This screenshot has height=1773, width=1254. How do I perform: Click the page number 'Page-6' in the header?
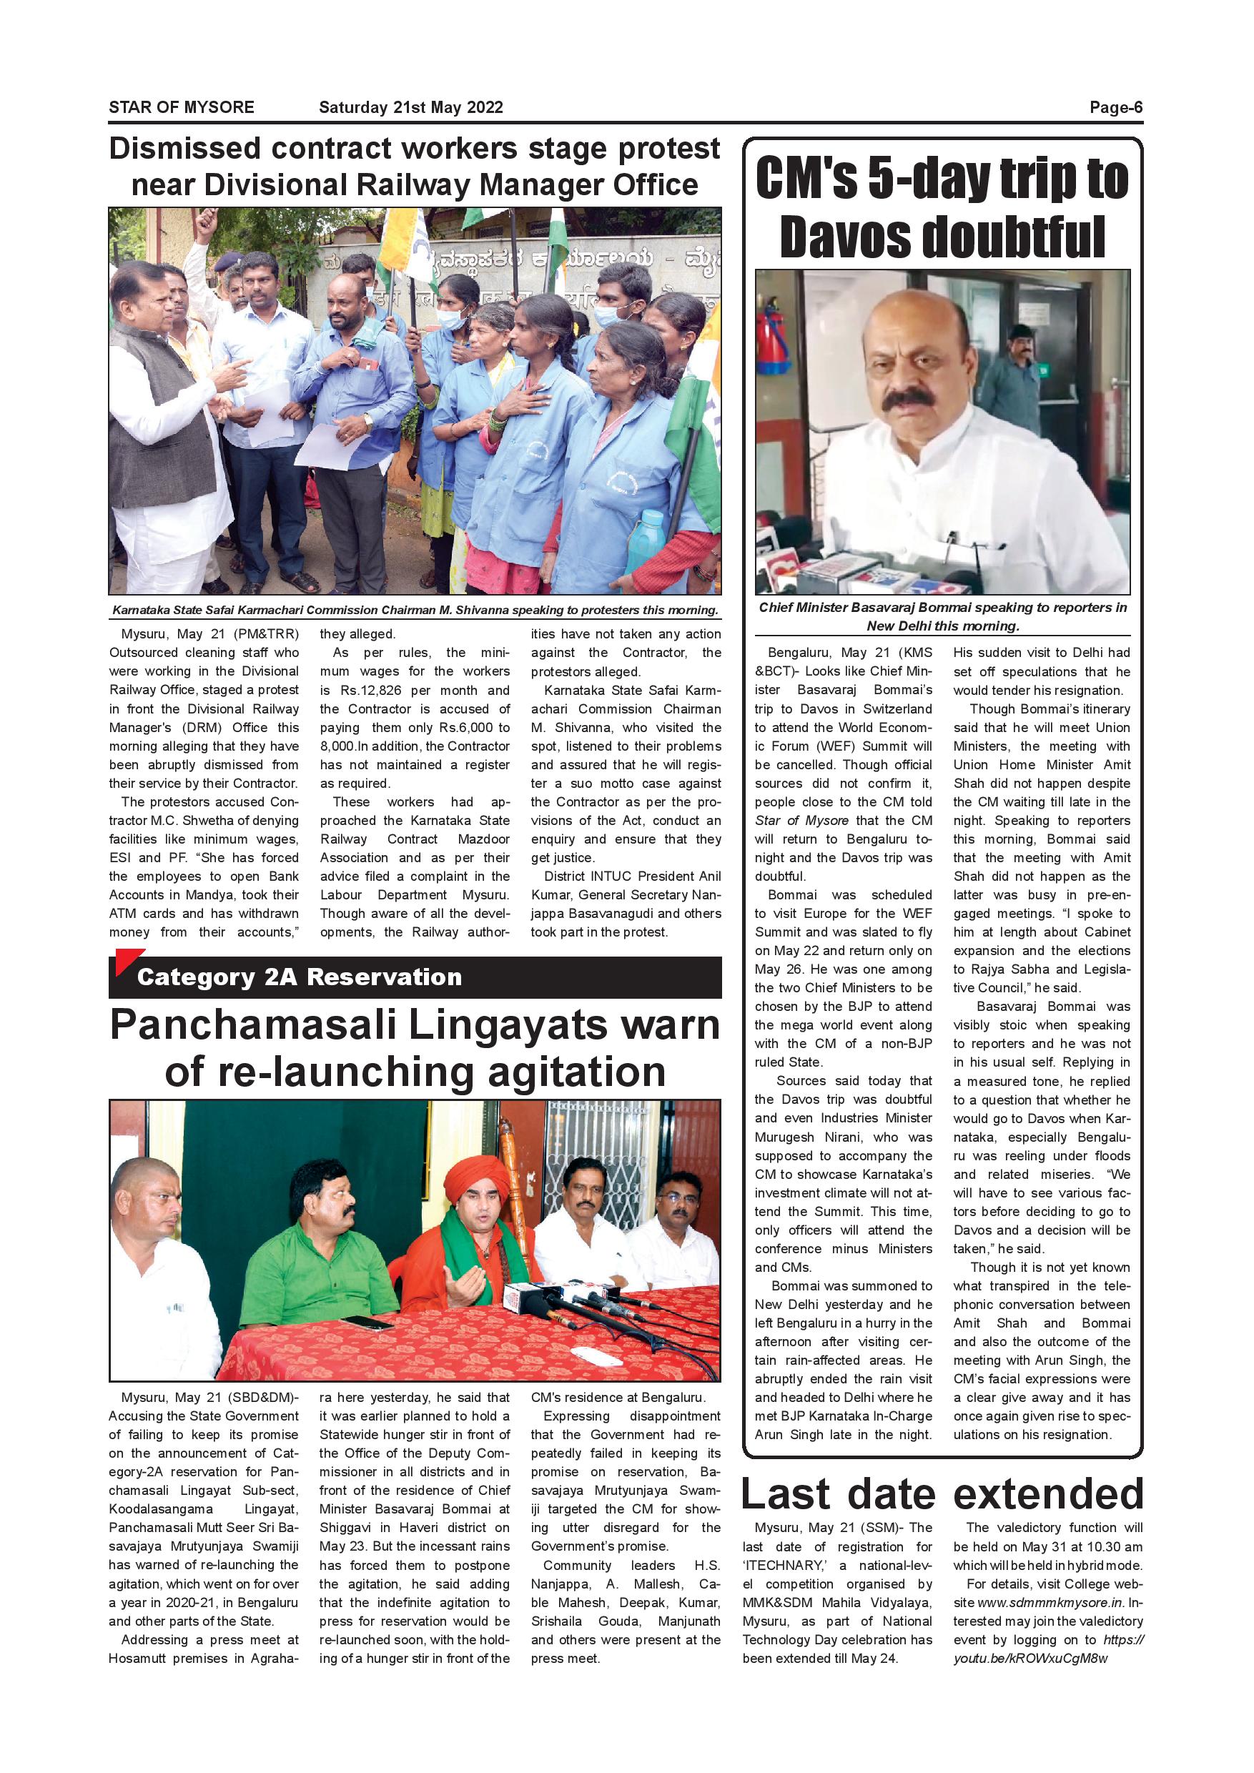pyautogui.click(x=1115, y=107)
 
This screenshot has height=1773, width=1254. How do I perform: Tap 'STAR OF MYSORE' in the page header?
pyautogui.click(x=182, y=107)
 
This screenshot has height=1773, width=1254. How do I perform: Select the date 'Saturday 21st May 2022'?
pyautogui.click(x=411, y=107)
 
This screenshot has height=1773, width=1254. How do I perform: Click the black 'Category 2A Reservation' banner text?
pyautogui.click(x=300, y=977)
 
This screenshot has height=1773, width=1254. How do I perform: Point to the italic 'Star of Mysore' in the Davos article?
pyautogui.click(x=801, y=821)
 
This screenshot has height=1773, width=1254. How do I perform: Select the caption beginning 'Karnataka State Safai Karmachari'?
pyautogui.click(x=415, y=610)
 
